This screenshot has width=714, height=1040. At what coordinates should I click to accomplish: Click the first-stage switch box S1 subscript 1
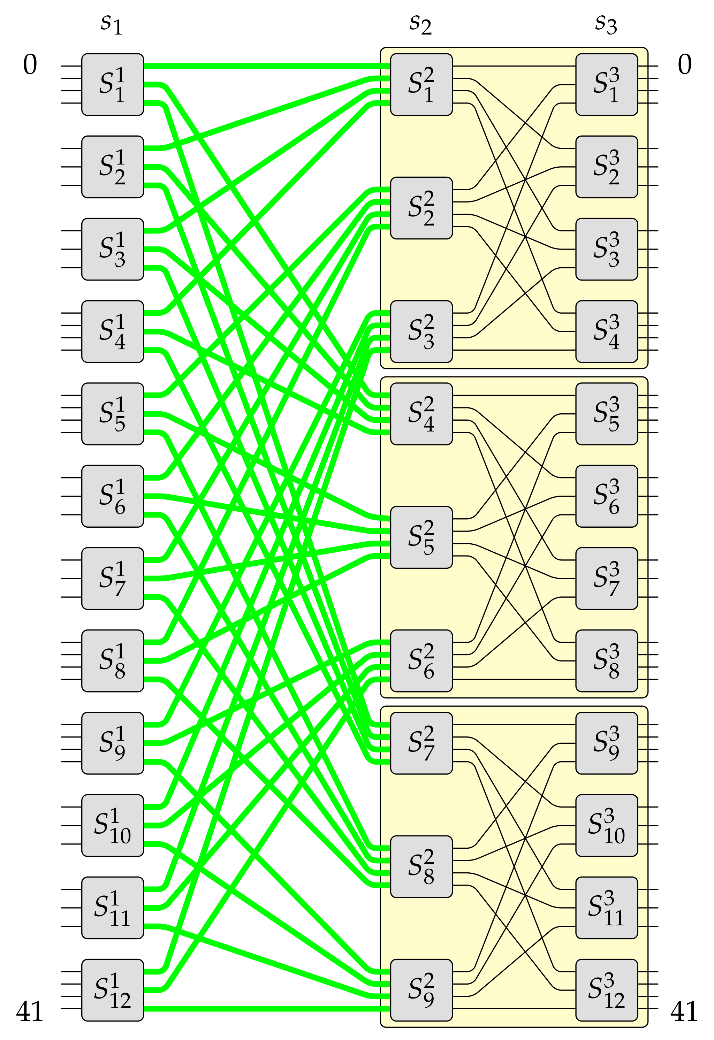click(x=112, y=85)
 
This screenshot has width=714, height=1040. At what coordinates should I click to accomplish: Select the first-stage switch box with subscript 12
click(x=112, y=989)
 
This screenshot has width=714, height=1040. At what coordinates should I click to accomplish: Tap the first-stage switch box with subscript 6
click(x=112, y=496)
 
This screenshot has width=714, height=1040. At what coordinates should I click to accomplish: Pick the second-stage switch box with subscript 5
click(x=421, y=537)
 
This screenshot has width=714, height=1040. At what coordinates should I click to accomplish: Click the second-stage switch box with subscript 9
click(x=421, y=989)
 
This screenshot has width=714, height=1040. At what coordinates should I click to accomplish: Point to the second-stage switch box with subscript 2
click(x=421, y=208)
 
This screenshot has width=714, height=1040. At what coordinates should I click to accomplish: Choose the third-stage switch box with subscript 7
click(x=607, y=578)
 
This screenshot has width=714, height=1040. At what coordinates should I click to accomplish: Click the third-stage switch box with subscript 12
click(x=607, y=989)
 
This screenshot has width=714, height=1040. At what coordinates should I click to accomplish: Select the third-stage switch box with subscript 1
click(x=607, y=85)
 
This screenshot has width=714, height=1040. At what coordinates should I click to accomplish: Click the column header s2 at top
click(x=420, y=25)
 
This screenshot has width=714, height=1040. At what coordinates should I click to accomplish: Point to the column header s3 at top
click(x=606, y=25)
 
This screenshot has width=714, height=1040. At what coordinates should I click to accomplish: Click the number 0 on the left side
click(x=30, y=65)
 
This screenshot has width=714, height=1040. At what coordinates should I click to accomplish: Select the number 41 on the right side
click(x=684, y=1012)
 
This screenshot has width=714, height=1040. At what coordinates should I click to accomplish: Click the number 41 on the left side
click(x=30, y=1012)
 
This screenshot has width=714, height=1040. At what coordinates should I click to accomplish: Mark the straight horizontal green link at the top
click(x=267, y=66)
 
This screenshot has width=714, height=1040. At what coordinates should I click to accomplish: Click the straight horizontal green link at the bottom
click(x=267, y=1008)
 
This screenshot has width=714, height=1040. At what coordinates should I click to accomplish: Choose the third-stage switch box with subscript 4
click(x=607, y=331)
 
